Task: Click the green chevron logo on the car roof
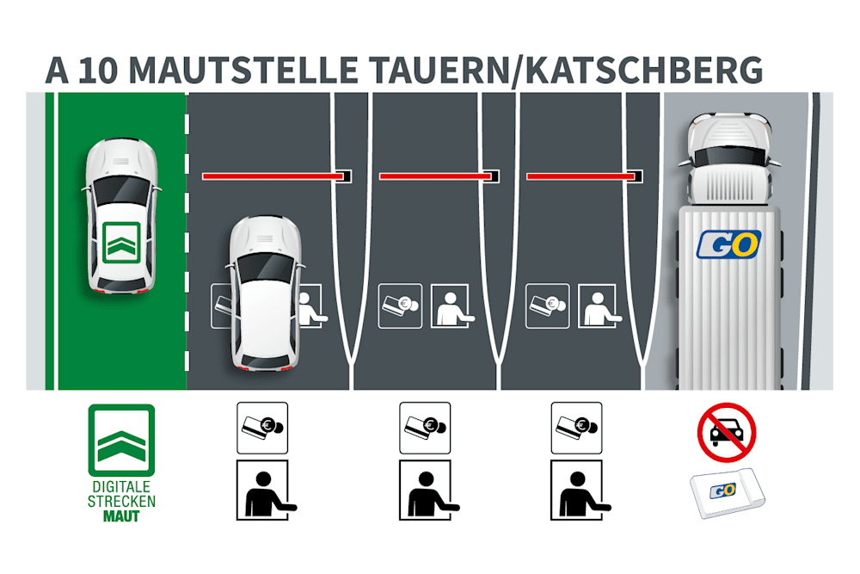coord(120,241)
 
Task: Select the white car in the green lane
coord(121,215)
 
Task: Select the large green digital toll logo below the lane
coord(121,440)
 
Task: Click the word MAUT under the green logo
coord(121,516)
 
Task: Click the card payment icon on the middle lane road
coord(400,306)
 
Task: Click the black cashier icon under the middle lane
coord(425,490)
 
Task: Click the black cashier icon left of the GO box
coord(577,490)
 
